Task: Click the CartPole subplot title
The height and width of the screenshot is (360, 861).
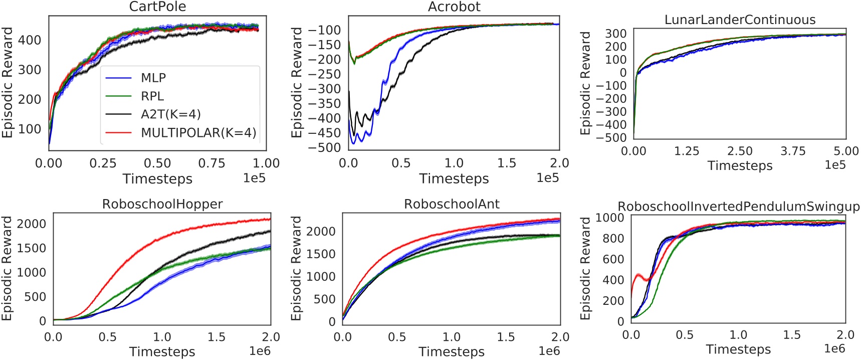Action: [157, 7]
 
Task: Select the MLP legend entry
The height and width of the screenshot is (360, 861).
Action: [153, 78]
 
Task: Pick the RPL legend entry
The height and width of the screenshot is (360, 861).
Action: [152, 96]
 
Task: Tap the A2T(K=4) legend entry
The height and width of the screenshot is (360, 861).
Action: [170, 114]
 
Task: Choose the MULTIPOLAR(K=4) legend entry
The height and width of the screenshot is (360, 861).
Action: [198, 133]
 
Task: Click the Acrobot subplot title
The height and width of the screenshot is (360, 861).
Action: [454, 7]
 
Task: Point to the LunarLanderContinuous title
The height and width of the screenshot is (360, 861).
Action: [740, 20]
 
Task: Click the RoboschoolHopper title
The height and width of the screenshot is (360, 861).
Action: [162, 204]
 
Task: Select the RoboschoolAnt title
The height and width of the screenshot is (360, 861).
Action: [452, 204]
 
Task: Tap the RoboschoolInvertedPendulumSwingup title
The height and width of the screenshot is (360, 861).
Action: [739, 207]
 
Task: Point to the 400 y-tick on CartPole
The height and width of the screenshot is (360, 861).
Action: [30, 40]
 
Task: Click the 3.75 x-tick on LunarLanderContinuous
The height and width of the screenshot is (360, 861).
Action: [793, 151]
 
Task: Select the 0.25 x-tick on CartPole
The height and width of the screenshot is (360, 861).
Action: [103, 163]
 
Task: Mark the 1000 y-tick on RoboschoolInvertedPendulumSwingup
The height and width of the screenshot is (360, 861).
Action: [610, 218]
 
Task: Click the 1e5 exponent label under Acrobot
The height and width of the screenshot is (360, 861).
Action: [547, 178]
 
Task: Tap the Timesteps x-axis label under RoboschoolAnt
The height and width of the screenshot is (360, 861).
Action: [452, 352]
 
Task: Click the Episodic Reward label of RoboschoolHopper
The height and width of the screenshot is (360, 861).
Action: [7, 268]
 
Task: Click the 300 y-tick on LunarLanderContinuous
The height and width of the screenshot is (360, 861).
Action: [616, 34]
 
